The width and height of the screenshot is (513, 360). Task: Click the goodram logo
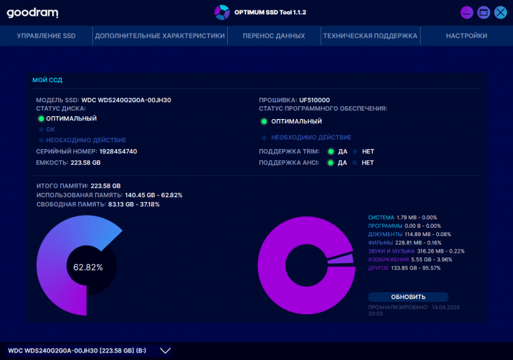tap(32, 12)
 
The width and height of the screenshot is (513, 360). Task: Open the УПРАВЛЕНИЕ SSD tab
tap(46, 36)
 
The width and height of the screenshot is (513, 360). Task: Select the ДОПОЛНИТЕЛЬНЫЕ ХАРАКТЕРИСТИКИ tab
tap(160, 36)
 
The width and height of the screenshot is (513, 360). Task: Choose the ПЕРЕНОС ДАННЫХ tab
tap(274, 36)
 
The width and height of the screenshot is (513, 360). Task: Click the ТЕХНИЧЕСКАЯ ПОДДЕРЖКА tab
tap(370, 36)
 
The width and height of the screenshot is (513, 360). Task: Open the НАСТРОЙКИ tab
tap(466, 36)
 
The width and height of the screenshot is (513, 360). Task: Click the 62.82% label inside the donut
tap(88, 267)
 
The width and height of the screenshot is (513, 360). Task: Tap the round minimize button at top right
tap(467, 12)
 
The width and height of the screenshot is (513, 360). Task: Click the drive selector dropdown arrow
tap(165, 350)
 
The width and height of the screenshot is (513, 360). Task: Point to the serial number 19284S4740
tap(118, 151)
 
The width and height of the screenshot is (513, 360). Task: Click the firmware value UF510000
tap(315, 100)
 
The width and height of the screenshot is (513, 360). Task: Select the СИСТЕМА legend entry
tap(381, 218)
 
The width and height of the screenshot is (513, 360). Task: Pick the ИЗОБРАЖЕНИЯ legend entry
tap(389, 259)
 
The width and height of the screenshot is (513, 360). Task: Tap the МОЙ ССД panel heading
tap(47, 80)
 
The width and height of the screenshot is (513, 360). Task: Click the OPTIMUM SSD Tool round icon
tap(222, 12)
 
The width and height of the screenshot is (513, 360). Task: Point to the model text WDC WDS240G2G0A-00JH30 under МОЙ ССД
tap(126, 100)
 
